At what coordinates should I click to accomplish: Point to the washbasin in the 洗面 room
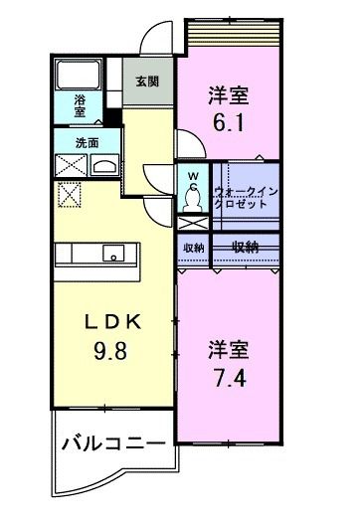[x=103, y=164]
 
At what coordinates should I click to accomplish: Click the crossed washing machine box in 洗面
[x=71, y=164]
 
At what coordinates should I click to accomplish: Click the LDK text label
[x=113, y=322]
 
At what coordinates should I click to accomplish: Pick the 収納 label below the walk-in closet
[x=247, y=246]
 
